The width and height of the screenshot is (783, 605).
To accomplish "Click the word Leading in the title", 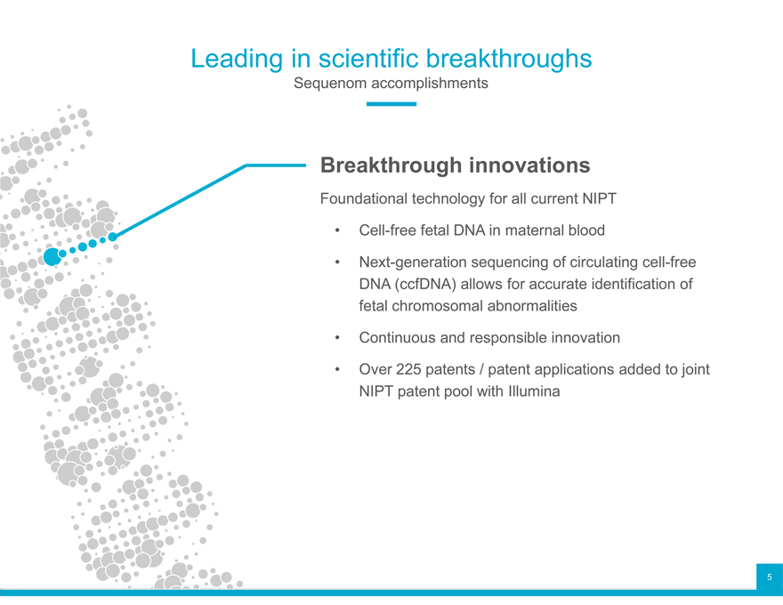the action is (x=237, y=60).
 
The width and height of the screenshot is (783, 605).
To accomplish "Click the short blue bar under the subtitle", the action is (x=391, y=104).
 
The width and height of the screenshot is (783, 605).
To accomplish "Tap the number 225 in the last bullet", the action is (x=408, y=369).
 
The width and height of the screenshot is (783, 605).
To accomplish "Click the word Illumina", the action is (x=534, y=391).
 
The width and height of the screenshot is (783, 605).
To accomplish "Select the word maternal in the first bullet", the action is (x=534, y=230).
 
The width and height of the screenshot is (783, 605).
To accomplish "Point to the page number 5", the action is (x=770, y=577).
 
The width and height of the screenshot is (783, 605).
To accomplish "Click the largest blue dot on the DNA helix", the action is (x=52, y=256).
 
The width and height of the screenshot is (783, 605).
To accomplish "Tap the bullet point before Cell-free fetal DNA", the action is (x=337, y=230).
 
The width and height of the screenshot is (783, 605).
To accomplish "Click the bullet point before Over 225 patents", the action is (x=337, y=370).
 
